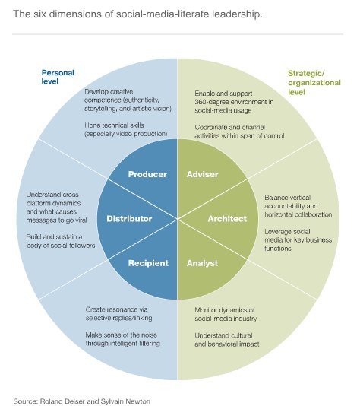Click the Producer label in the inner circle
tap(147, 174)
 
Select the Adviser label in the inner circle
tap(203, 174)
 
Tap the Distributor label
tap(129, 219)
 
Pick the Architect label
tap(227, 219)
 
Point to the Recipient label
tap(148, 263)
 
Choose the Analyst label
tap(203, 263)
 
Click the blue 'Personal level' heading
tap(58, 77)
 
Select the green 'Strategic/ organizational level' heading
tap(314, 83)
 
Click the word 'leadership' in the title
tap(237, 14)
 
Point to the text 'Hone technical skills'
tap(114, 125)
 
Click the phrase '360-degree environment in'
tap(234, 102)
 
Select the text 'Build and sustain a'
tap(55, 237)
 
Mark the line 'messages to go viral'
tap(56, 220)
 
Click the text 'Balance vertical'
tap(287, 198)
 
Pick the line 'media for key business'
tap(298, 240)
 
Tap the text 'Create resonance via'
tap(117, 309)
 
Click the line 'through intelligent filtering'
tap(123, 344)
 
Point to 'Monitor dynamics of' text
tap(225, 310)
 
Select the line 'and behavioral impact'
tap(227, 344)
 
